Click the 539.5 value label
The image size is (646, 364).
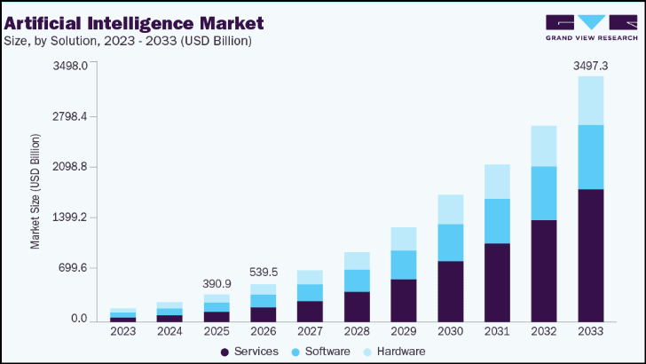[x=264, y=272]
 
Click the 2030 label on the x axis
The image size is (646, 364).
[x=452, y=332]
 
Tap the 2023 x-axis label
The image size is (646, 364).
[x=122, y=332]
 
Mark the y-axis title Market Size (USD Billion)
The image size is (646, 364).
[x=35, y=192]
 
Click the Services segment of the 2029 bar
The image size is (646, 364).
[x=404, y=299]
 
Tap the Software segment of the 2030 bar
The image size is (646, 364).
[x=452, y=242]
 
